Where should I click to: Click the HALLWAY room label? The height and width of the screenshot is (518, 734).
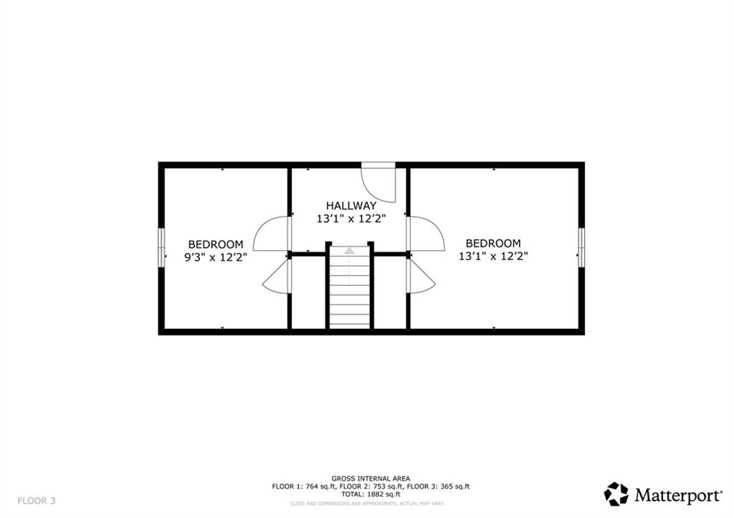(351, 206)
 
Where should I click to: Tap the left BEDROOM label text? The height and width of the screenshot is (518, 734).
(216, 244)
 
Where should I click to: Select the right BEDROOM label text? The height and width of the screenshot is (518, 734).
(493, 244)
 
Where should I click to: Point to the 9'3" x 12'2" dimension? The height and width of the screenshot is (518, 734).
(216, 256)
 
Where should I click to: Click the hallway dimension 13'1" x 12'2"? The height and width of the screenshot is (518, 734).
(351, 219)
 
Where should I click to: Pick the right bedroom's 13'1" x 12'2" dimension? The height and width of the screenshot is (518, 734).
(493, 256)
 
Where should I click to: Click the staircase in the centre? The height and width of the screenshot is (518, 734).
(349, 294)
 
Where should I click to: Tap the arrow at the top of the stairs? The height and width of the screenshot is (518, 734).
(349, 251)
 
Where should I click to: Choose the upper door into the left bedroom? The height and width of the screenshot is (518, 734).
(272, 233)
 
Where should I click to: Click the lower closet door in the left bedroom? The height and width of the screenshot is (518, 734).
(276, 277)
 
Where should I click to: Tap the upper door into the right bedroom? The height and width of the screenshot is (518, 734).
(425, 233)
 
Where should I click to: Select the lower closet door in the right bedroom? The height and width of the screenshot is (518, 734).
(421, 277)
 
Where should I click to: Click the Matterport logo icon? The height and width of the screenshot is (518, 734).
(616, 494)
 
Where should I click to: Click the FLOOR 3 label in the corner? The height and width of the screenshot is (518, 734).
(37, 500)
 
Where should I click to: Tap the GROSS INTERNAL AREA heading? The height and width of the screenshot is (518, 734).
(371, 478)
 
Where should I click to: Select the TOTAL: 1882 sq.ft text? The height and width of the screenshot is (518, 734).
(371, 494)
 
